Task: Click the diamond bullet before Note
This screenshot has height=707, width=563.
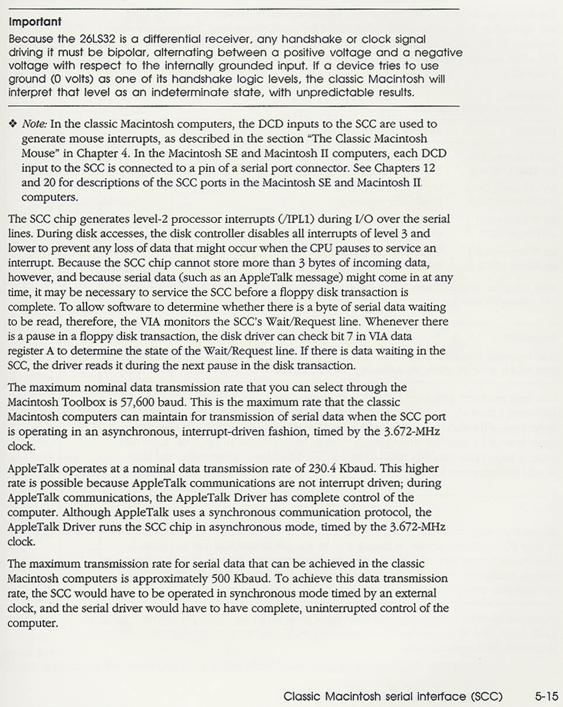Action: point(12,124)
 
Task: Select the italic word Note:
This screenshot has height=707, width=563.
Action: point(35,124)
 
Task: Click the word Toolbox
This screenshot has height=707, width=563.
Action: point(88,402)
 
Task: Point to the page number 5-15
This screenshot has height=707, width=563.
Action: point(547,696)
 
